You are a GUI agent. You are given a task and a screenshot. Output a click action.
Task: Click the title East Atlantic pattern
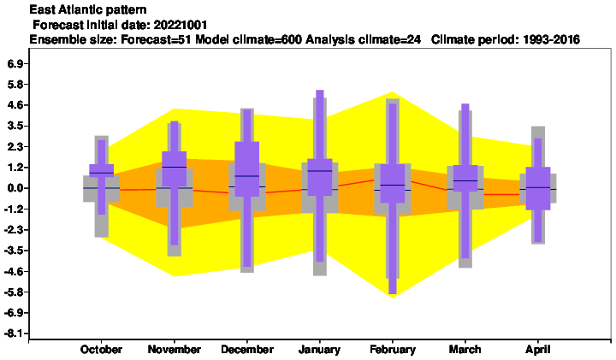pyautogui.click(x=88, y=9)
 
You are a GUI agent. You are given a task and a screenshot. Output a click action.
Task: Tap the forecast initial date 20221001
pyautogui.click(x=181, y=25)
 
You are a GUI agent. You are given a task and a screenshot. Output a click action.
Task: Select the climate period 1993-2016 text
pyautogui.click(x=506, y=39)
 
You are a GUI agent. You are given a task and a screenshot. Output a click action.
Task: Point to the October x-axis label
pyautogui.click(x=101, y=350)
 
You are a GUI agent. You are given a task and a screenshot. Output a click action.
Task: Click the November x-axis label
pyautogui.click(x=174, y=350)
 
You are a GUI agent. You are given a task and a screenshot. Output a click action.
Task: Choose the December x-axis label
pyautogui.click(x=247, y=350)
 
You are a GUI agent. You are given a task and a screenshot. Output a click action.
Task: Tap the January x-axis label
pyautogui.click(x=319, y=350)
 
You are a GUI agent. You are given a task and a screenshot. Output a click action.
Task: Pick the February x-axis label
pyautogui.click(x=393, y=350)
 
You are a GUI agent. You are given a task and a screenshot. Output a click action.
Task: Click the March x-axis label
pyautogui.click(x=465, y=350)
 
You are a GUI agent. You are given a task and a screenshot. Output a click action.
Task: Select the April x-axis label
pyautogui.click(x=538, y=350)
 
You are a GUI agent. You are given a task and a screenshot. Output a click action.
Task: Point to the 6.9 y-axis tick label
pyautogui.click(x=15, y=63)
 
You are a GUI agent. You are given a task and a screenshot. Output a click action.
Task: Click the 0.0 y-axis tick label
pyautogui.click(x=15, y=188)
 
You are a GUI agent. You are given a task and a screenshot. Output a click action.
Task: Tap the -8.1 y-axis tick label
pyautogui.click(x=14, y=333)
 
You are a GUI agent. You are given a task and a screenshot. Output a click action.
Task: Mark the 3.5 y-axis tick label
pyautogui.click(x=15, y=126)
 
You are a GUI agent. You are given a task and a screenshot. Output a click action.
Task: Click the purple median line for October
pyautogui.click(x=101, y=173)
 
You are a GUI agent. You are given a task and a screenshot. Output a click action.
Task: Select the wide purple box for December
pyautogui.click(x=247, y=168)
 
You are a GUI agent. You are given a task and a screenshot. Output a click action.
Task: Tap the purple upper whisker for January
pyautogui.click(x=320, y=125)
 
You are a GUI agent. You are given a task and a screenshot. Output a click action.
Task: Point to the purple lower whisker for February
pyautogui.click(x=393, y=248)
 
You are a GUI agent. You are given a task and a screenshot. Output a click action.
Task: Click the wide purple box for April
pyautogui.click(x=538, y=188)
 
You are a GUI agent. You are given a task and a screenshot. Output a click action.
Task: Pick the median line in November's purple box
pyautogui.click(x=174, y=168)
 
